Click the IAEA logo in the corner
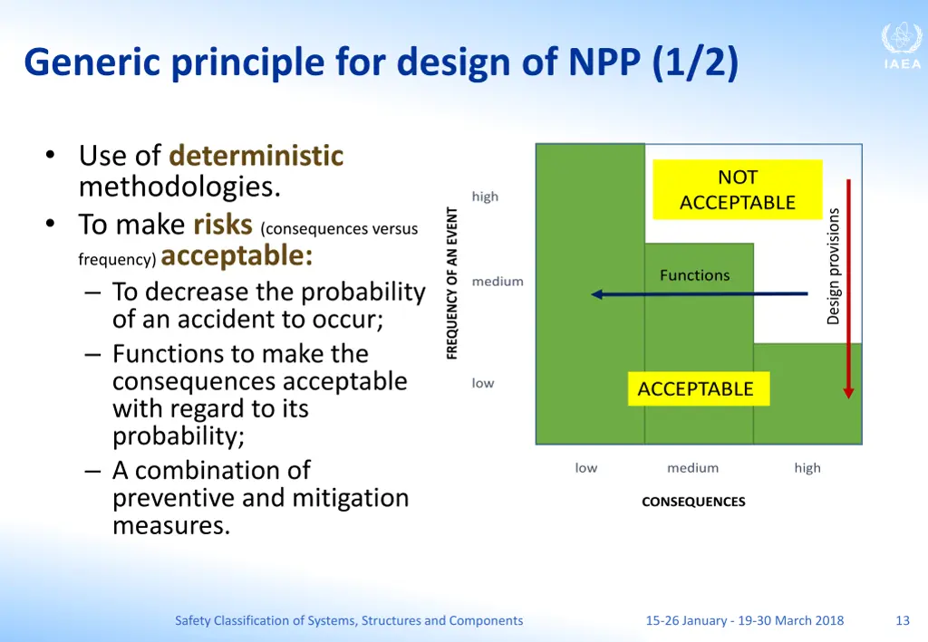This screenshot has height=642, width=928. click(x=901, y=46)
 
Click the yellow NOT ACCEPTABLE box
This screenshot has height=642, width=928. click(x=737, y=190)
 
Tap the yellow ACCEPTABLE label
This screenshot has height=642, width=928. click(x=696, y=389)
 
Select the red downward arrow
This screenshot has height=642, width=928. click(x=848, y=290)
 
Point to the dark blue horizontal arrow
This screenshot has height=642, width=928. click(x=698, y=294)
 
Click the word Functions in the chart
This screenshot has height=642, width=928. click(x=694, y=275)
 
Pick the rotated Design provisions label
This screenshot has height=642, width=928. click(x=834, y=266)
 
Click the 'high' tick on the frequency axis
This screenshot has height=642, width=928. click(x=485, y=196)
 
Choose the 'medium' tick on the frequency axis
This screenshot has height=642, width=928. click(x=498, y=282)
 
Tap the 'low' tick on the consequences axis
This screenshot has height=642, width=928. click(x=585, y=468)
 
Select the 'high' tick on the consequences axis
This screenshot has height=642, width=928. click(x=807, y=468)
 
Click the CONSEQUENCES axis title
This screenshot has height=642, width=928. click(x=693, y=502)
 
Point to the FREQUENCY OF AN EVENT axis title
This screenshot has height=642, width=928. click(x=452, y=283)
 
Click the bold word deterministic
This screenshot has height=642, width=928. click(x=256, y=156)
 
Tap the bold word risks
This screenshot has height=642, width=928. click(x=223, y=224)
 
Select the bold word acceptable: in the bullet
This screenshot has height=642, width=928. click(x=237, y=256)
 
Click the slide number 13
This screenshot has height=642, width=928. click(x=902, y=620)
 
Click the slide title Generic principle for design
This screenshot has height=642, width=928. click(x=381, y=63)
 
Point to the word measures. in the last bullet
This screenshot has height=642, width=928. click(x=171, y=525)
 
